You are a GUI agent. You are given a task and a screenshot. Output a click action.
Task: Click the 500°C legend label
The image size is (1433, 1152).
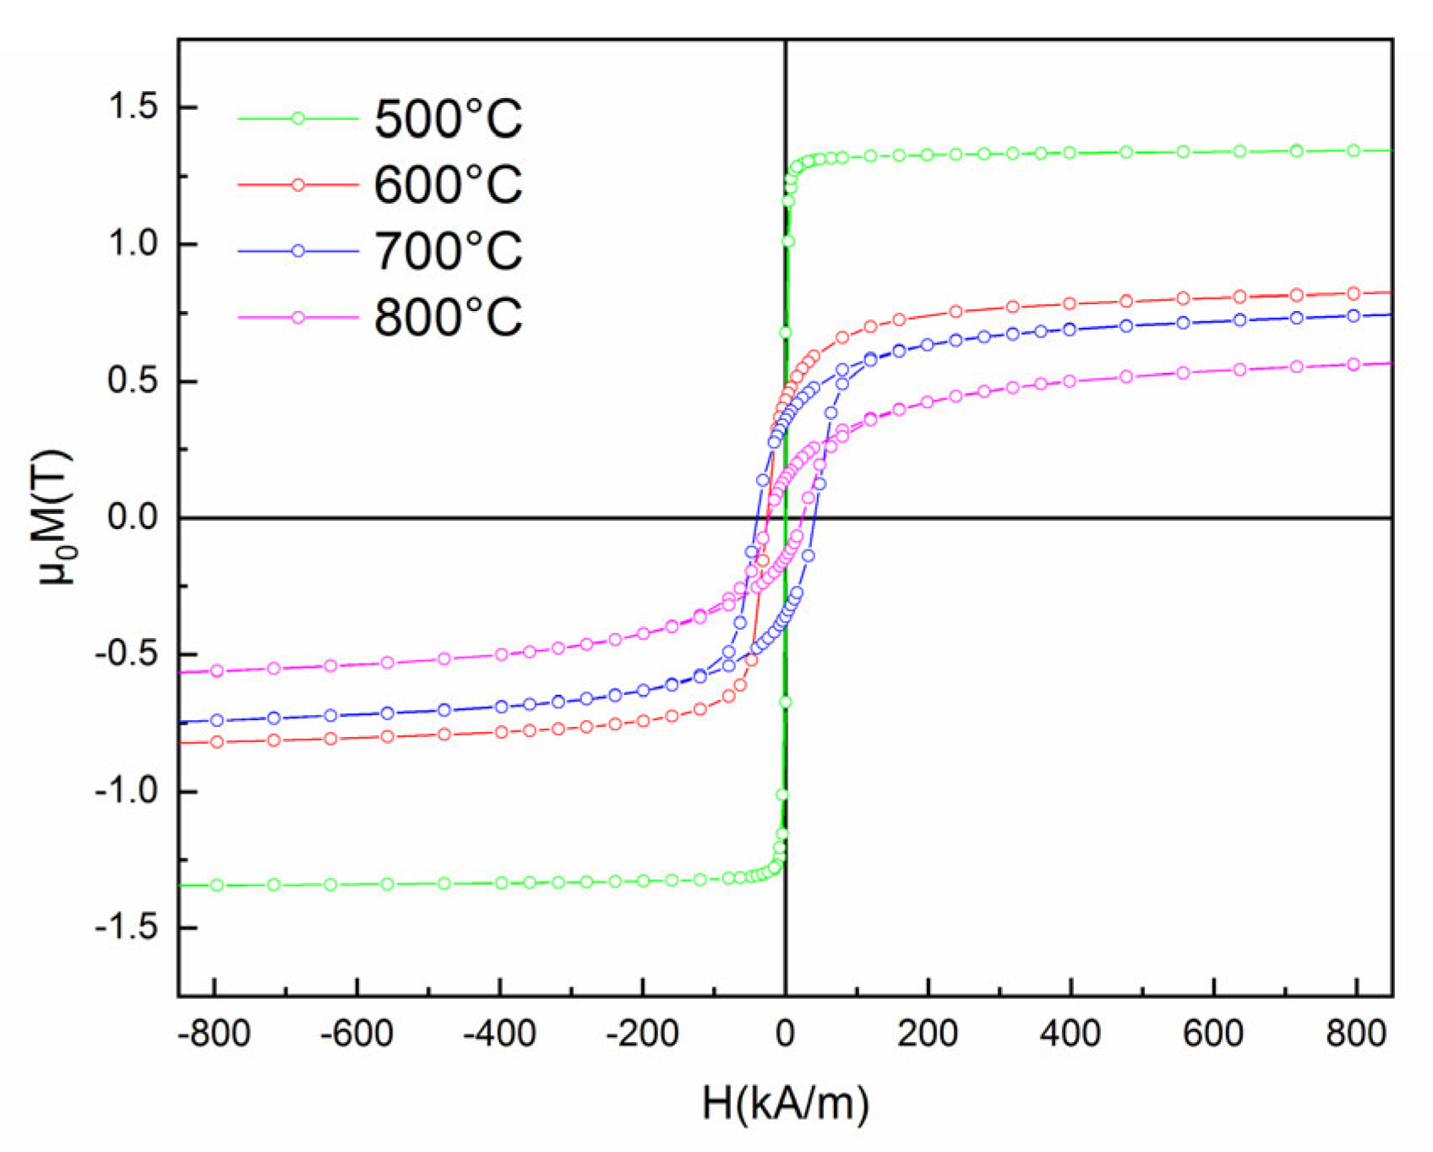point(448,119)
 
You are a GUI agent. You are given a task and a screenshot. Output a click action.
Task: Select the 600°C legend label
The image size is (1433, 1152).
point(448,185)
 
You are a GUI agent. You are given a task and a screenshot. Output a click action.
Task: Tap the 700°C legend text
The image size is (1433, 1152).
point(448,252)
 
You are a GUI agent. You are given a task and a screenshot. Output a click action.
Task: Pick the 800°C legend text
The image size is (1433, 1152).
point(448,318)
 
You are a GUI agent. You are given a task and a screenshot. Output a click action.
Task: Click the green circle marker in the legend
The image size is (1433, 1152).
point(297,119)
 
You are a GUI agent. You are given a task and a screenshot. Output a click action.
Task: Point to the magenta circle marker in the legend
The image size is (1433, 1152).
point(297,318)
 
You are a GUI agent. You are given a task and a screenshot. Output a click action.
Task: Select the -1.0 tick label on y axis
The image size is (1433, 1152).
point(127,792)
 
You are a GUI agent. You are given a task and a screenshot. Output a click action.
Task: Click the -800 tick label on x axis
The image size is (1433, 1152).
point(215,1034)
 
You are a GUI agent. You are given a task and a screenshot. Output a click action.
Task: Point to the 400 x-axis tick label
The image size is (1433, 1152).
point(1071,1034)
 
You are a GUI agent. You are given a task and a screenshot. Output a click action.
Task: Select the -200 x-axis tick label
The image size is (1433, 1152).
point(641,1034)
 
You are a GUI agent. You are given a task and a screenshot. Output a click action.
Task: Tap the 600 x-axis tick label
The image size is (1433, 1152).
point(1213,1034)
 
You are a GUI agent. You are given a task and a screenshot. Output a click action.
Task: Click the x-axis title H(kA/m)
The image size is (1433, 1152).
point(785,1103)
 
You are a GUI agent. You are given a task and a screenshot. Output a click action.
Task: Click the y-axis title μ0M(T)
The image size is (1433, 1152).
point(56,517)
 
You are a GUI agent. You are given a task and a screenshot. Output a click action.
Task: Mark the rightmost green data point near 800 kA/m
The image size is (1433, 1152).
point(1354,150)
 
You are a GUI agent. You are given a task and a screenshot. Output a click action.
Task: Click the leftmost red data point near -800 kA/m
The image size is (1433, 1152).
point(217,742)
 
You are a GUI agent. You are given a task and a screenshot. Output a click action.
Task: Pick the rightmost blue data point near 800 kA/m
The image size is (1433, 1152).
point(1354,316)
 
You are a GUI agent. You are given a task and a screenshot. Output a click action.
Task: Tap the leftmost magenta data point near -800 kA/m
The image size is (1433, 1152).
point(217,671)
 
